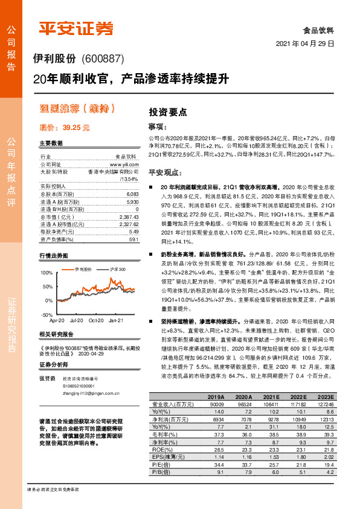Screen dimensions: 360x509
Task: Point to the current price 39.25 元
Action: [76, 128]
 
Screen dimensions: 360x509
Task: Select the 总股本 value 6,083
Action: [133, 195]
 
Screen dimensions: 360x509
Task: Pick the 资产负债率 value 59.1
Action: [134, 239]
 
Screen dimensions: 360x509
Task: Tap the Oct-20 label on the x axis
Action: [97, 320]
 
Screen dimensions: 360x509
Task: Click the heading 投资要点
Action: [168, 112]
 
